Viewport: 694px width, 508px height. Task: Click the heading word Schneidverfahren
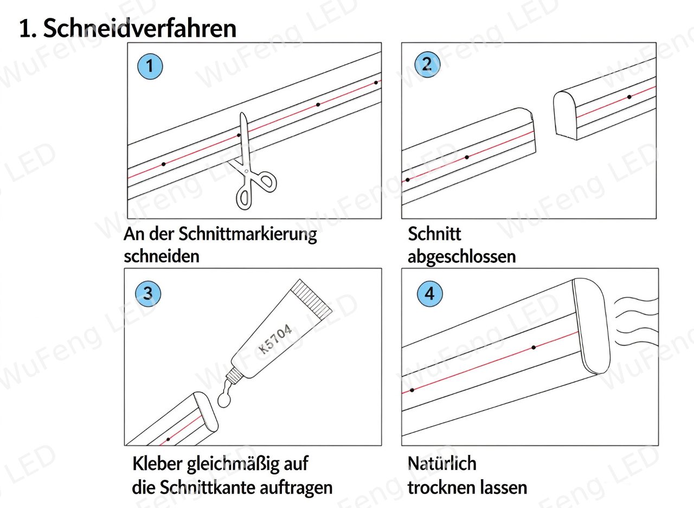(140, 29)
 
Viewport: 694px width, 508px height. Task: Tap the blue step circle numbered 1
(150, 66)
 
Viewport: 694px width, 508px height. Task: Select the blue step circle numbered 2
(427, 65)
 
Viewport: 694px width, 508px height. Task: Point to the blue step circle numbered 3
(148, 293)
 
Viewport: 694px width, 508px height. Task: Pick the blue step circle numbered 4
(430, 294)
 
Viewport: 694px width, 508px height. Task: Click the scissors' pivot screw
(246, 171)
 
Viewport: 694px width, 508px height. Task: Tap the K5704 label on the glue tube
(275, 338)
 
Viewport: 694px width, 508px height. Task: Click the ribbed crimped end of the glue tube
(312, 299)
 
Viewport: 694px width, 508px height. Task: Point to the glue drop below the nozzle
(224, 400)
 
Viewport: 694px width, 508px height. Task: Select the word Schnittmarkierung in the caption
(248, 235)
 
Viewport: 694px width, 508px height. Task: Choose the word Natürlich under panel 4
(442, 464)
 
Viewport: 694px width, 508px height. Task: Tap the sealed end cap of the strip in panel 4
(591, 326)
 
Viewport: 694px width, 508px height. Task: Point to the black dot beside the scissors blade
(239, 136)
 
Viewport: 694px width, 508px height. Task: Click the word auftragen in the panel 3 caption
(296, 488)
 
